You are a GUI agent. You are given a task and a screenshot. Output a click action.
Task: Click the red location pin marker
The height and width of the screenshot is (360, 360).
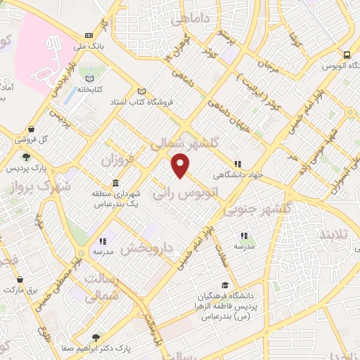click(x=181, y=165)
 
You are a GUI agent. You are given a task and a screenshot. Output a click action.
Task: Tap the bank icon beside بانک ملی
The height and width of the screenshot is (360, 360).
click(x=89, y=35)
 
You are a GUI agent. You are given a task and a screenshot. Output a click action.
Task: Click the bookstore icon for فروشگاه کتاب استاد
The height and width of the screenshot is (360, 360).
click(x=141, y=91)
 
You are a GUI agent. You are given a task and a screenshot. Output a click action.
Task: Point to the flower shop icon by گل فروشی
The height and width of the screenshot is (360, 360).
click(x=20, y=139)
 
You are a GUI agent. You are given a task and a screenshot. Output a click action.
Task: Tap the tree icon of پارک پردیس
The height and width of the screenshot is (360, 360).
click(x=26, y=157)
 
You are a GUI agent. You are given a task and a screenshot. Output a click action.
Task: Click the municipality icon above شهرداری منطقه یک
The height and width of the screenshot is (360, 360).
click(x=115, y=183)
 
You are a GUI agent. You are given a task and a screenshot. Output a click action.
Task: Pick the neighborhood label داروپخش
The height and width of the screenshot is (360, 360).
click(x=146, y=247)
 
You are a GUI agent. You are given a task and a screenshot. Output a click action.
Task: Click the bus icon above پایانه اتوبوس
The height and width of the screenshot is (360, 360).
click(x=347, y=55)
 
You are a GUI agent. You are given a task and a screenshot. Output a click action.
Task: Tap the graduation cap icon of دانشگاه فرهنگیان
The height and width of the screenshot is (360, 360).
click(x=224, y=285)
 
